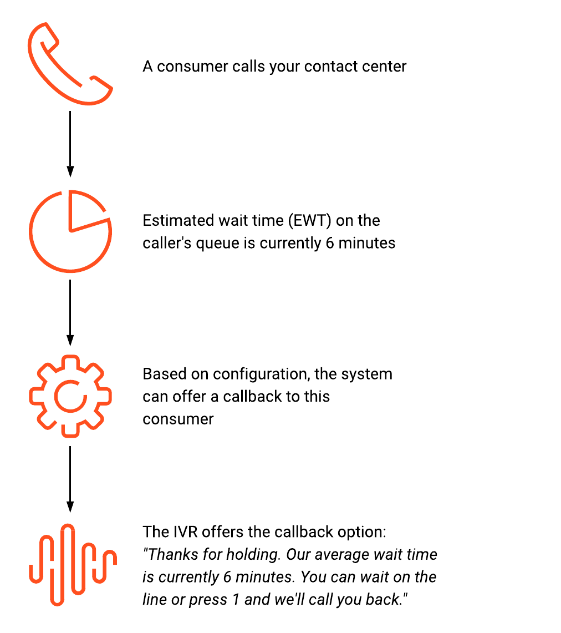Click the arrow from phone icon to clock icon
point(70,144)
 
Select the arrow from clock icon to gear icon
point(70,313)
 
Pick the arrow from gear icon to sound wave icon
point(70,479)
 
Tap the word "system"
point(366,374)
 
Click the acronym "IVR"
point(185,532)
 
